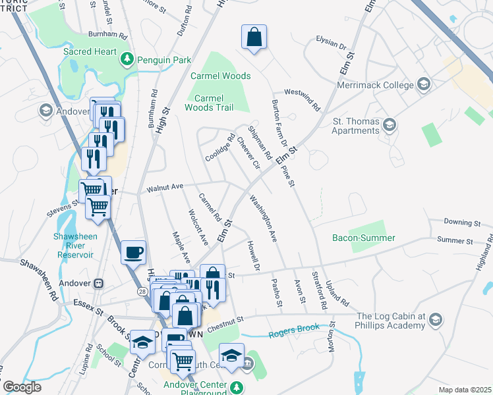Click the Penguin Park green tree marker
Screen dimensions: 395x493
[x=127, y=60]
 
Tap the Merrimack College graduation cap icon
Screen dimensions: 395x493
[x=423, y=85]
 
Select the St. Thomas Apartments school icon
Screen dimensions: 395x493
[x=390, y=124]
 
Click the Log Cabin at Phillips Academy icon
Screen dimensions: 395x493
[x=435, y=321]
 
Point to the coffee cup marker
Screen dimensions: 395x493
[x=133, y=252]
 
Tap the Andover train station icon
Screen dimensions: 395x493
[x=99, y=283]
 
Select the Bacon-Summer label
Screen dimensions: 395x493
[x=372, y=238]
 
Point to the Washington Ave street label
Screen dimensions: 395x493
[x=262, y=219]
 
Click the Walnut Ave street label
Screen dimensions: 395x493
[x=165, y=188]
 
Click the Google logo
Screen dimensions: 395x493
[x=22, y=387]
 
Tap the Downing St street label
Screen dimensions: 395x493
[x=462, y=223]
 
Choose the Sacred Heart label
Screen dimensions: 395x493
[x=89, y=51]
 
